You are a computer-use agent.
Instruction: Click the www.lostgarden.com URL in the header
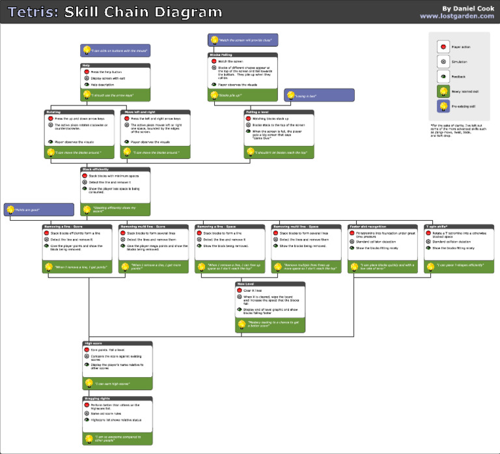click(455, 16)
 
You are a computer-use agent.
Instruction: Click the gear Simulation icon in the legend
click(443, 61)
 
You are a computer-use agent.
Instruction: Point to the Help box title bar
click(116, 65)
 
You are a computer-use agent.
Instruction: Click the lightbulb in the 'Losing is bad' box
click(290, 96)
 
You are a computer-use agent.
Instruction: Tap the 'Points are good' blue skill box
click(39, 210)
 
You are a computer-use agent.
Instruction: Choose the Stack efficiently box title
click(115, 169)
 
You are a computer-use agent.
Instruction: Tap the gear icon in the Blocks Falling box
click(214, 68)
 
